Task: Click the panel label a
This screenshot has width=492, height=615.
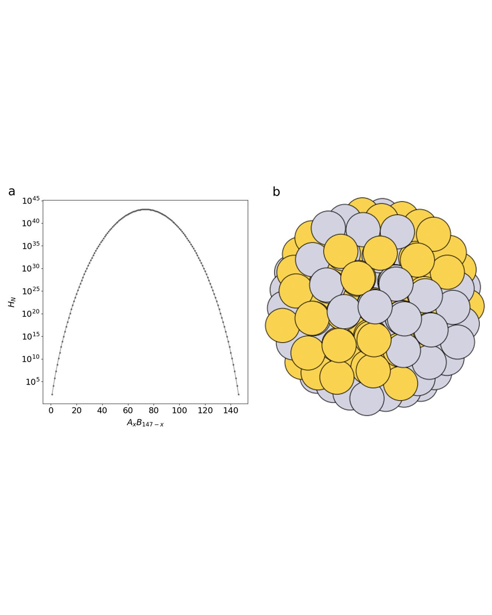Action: (x=12, y=192)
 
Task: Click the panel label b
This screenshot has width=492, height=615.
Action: (x=276, y=192)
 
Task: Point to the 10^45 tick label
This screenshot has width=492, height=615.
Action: (x=31, y=201)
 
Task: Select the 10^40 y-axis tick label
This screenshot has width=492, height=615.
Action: (x=31, y=224)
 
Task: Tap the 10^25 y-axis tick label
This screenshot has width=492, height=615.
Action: (x=31, y=291)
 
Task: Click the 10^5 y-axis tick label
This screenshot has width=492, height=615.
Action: (x=32, y=382)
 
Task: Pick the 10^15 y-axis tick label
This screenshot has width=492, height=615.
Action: (x=31, y=337)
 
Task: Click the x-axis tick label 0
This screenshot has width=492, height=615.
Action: (x=51, y=411)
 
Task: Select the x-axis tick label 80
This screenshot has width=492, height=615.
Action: (x=154, y=411)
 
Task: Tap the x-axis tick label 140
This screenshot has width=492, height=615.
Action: (x=231, y=411)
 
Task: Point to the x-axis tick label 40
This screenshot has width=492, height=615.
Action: (x=102, y=411)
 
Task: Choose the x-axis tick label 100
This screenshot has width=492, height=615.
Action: (x=179, y=411)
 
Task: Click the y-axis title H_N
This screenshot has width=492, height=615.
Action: (x=12, y=302)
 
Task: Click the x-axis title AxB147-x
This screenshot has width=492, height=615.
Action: (x=145, y=423)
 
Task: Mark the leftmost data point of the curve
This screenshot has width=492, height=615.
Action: (x=52, y=394)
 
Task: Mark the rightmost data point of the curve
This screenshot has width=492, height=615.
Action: (x=239, y=394)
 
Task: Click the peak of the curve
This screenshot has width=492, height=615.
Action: (x=145, y=209)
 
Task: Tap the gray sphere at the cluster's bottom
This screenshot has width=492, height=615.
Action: (x=367, y=398)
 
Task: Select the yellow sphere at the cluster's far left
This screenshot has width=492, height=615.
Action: (x=282, y=325)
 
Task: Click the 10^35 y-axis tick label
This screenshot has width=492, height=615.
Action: (x=31, y=246)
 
